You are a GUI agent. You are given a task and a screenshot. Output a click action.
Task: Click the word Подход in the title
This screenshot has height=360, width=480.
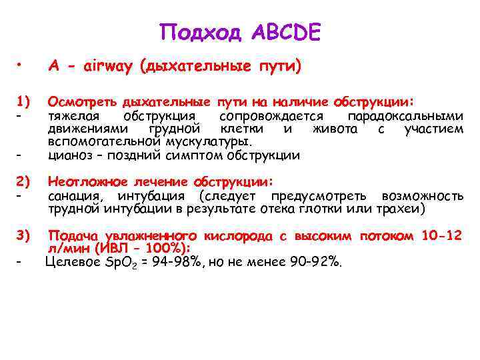point(201,31)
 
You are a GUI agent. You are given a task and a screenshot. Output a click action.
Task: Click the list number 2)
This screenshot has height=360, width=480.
point(25,181)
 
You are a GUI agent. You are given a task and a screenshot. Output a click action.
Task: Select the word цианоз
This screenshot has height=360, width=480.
point(70,155)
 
